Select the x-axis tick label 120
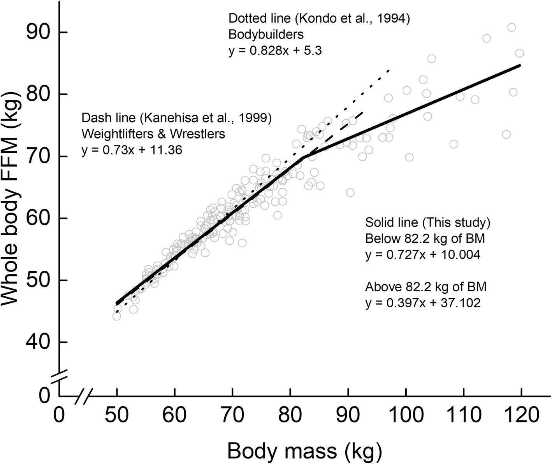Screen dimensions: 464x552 521,416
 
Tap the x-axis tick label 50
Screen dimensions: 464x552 117,416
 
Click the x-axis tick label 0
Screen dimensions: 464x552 59,416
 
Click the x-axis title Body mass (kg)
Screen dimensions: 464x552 305,451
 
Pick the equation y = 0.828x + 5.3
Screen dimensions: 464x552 275,51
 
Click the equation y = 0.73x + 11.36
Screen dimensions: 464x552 132,150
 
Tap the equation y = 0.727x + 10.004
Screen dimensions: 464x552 422,255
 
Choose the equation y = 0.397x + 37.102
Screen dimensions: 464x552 422,303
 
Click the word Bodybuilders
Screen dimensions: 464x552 266,35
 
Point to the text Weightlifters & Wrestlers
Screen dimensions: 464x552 153,134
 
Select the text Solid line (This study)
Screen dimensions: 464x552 427,223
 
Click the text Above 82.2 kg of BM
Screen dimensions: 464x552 426,287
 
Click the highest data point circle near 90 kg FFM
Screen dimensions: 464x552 512,27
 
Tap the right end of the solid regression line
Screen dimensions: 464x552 520,66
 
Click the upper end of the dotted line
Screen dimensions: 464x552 389,70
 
